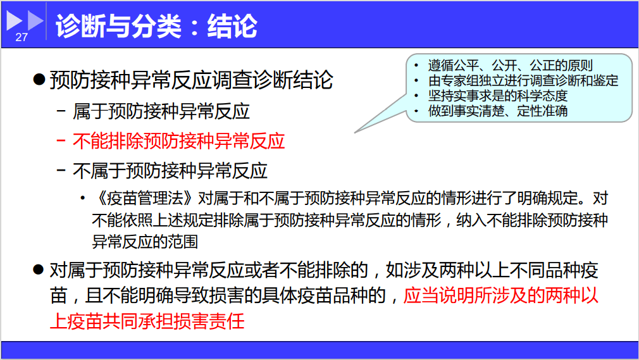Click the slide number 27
click(x=22, y=37)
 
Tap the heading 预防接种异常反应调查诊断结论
click(x=191, y=80)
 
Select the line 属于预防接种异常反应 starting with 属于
click(x=161, y=111)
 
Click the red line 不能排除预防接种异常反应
click(x=179, y=140)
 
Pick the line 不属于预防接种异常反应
click(x=170, y=170)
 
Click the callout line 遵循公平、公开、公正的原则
click(x=510, y=66)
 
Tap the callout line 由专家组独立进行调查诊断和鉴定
click(x=523, y=81)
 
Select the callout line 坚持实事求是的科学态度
click(x=497, y=96)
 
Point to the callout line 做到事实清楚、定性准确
click(x=497, y=111)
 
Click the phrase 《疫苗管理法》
click(x=144, y=199)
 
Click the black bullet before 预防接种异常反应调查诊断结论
click(x=39, y=80)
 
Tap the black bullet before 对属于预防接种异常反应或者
click(x=39, y=271)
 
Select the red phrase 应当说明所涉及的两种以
click(x=500, y=295)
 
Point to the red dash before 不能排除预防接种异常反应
click(x=61, y=140)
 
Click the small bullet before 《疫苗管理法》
click(x=82, y=199)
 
